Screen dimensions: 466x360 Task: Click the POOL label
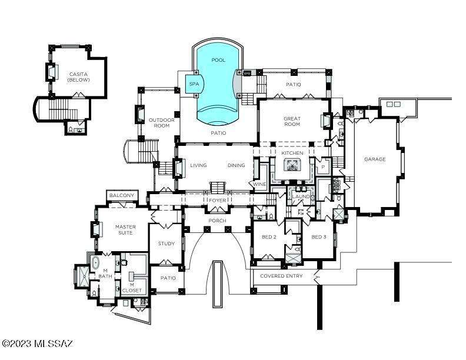click(218, 60)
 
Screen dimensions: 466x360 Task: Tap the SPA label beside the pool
click(194, 84)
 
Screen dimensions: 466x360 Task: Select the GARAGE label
click(375, 159)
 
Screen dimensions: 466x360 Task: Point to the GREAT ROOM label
click(292, 121)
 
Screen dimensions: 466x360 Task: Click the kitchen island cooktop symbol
click(291, 165)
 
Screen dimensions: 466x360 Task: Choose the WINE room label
click(259, 184)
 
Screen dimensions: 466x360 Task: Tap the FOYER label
click(218, 201)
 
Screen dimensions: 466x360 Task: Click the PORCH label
click(217, 221)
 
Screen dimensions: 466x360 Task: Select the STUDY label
click(166, 244)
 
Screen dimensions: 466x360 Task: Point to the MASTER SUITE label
click(125, 229)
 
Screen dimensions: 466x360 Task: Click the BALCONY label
click(122, 195)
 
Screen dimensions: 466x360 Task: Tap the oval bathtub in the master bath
click(95, 263)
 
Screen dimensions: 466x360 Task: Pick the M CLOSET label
click(132, 288)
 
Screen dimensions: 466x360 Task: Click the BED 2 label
click(269, 237)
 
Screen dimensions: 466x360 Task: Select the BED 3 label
click(318, 237)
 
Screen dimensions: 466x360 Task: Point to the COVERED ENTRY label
click(281, 276)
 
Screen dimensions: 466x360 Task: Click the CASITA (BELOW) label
click(78, 77)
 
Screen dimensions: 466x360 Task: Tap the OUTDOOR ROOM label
click(161, 123)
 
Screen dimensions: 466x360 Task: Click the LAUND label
click(301, 196)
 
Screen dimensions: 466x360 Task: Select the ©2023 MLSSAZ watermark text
click(38, 344)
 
